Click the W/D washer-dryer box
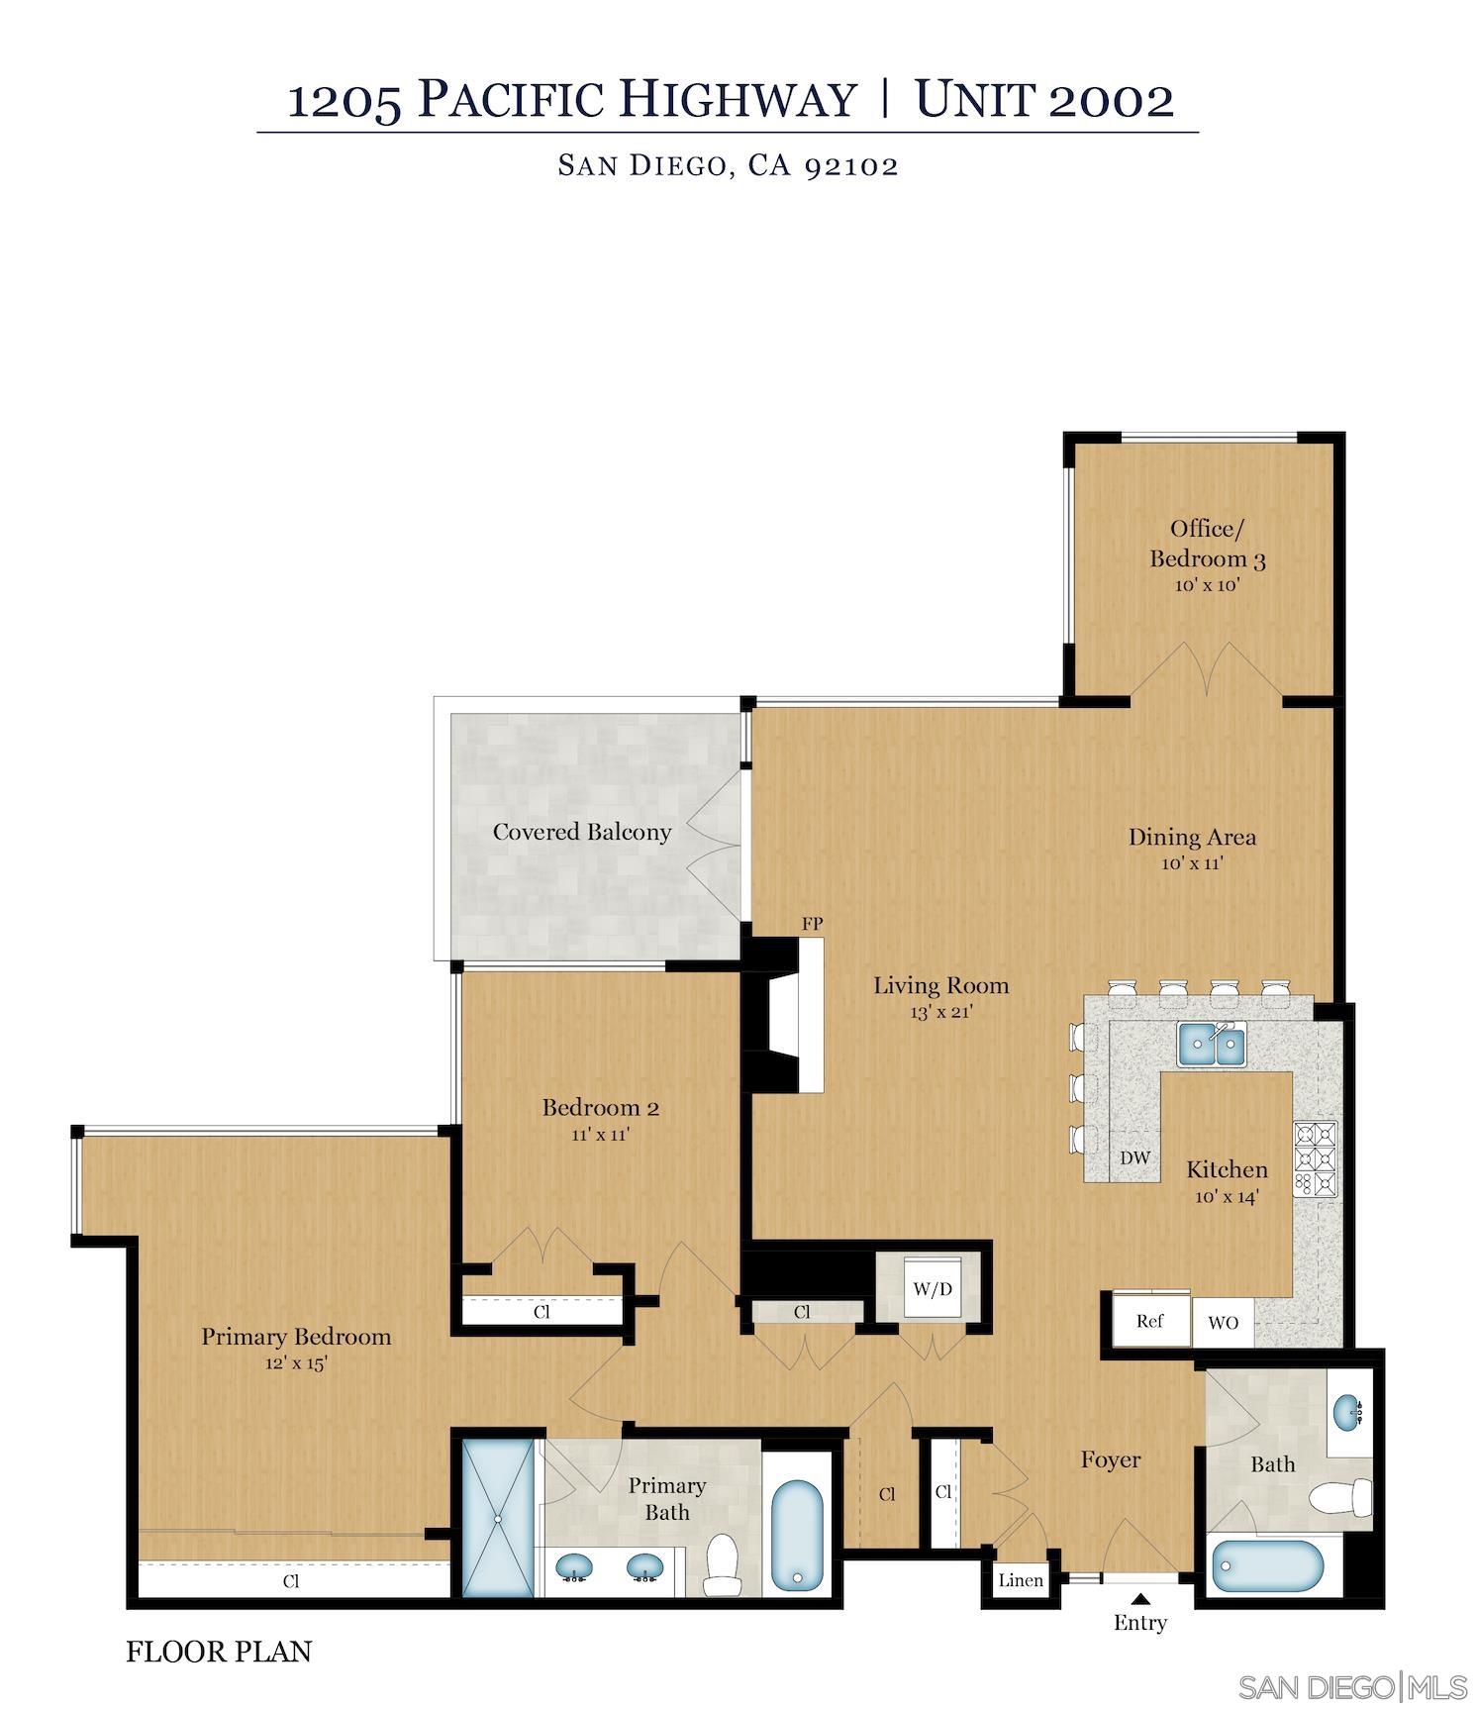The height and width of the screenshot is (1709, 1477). click(932, 1288)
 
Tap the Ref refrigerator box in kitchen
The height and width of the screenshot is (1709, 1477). click(1149, 1321)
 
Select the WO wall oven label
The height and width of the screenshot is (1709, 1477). click(1223, 1323)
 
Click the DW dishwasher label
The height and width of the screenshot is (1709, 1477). click(1134, 1157)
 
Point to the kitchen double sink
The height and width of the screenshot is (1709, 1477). click(1211, 1045)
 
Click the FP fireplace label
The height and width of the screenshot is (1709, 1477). click(812, 924)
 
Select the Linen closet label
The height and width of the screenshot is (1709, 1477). click(1021, 1580)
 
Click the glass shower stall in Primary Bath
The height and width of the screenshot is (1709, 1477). click(498, 1518)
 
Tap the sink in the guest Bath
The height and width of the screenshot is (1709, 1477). click(1347, 1412)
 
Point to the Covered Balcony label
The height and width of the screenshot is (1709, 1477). click(582, 832)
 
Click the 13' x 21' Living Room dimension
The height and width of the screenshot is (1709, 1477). click(941, 1012)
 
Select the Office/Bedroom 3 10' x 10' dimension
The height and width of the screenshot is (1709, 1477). click(1208, 585)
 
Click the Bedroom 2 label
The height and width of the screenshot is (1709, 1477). click(600, 1107)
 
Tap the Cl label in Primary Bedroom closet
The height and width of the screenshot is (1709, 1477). click(291, 1581)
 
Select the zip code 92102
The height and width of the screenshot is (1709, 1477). click(850, 165)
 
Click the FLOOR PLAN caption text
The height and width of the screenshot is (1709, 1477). click(219, 1652)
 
